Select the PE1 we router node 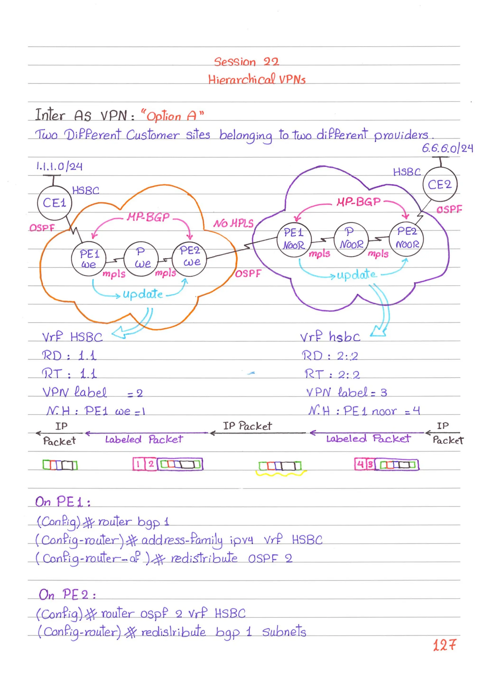coord(89,259)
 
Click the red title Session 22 coord(246,62)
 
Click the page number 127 coord(444,645)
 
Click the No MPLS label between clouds coord(233,223)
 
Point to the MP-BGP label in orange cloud coord(148,217)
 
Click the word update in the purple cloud coord(356,274)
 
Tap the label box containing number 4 coord(360,464)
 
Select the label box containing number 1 coord(138,464)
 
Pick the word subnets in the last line coord(284,632)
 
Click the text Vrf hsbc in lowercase coord(330,337)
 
